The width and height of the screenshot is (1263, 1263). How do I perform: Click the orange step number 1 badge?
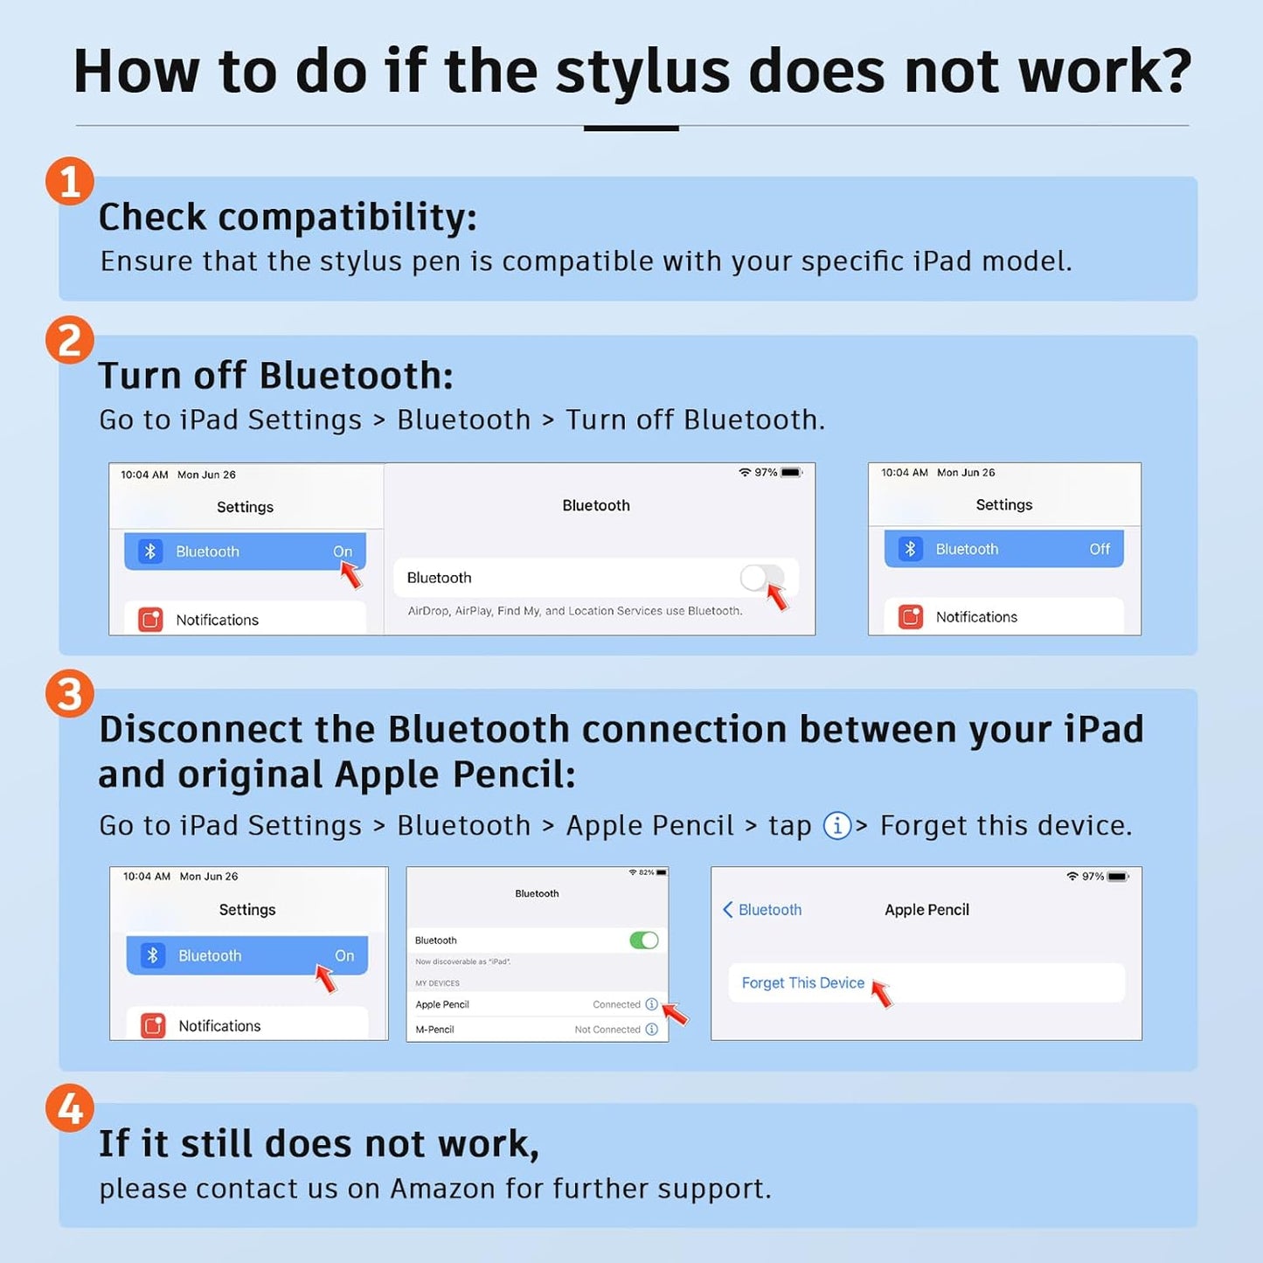coord(69,181)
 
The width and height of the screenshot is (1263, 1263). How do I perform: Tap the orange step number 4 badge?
coord(69,1107)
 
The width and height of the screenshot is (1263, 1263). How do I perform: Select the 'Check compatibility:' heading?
coord(288,217)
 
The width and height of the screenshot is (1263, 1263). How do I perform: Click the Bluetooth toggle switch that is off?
coord(761,578)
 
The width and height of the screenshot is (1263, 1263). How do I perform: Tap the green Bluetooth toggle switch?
coord(643,940)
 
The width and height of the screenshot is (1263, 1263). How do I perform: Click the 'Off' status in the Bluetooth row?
coord(1100,549)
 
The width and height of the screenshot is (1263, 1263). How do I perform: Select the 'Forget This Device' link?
coord(803,982)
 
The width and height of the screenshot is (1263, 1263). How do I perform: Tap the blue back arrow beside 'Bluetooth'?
coord(727,909)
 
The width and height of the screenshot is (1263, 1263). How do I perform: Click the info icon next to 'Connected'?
coord(651,1004)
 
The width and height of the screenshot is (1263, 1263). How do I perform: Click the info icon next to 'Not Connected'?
coord(651,1029)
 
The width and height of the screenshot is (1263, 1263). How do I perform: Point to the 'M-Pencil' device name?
coord(434,1029)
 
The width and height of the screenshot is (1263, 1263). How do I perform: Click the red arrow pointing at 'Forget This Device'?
coord(882,994)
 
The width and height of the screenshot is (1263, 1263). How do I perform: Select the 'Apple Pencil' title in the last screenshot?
coord(926,909)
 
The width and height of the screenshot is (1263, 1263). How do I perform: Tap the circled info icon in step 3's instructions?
coord(837,825)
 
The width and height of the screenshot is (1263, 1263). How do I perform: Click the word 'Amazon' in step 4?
coord(442,1189)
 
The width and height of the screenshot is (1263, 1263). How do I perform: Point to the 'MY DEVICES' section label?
coord(437,983)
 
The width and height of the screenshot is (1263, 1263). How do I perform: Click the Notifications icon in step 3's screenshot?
coord(153,1026)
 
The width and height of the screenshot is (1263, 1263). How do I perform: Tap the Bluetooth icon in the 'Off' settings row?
coord(910,549)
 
